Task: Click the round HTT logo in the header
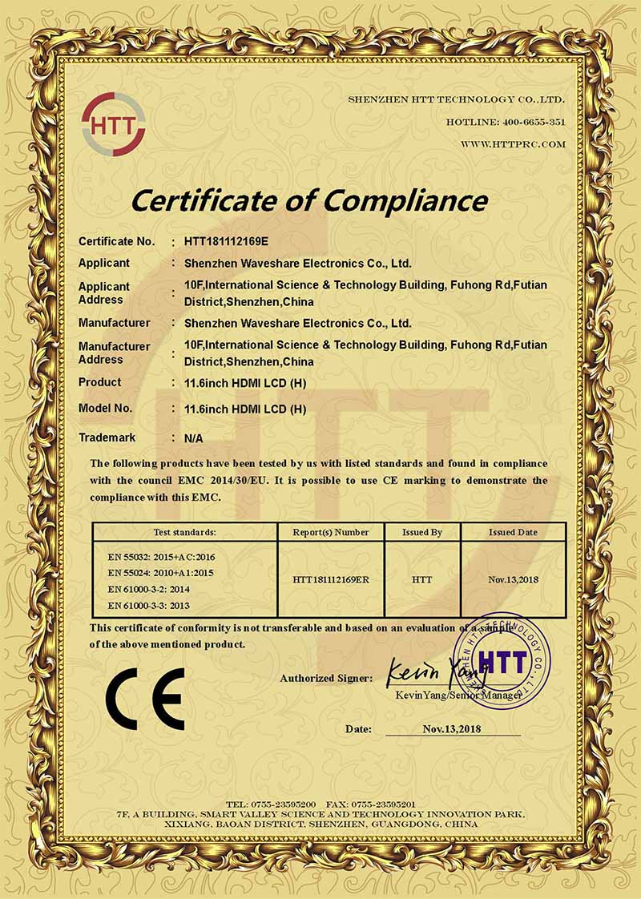113,124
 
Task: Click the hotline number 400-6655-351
534,122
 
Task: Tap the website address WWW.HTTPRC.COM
513,144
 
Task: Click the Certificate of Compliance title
309,200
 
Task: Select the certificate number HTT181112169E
228,240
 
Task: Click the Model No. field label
105,408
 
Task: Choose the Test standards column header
184,532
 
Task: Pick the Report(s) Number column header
331,532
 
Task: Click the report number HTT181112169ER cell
331,579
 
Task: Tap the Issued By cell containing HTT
422,579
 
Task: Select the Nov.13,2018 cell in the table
513,579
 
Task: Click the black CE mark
147,698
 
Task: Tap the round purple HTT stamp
502,662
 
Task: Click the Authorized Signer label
326,678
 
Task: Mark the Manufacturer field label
114,323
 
